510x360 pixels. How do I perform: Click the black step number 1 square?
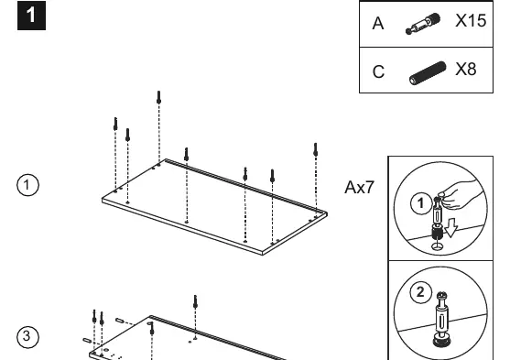31,16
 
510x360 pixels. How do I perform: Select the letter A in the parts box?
378,24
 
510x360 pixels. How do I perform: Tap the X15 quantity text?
471,21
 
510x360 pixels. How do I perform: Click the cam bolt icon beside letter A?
423,24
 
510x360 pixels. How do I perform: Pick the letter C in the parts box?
378,71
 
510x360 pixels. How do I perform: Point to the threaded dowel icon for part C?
428,73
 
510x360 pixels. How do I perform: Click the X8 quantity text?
466,70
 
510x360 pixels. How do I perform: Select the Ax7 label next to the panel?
360,188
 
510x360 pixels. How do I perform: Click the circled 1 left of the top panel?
27,185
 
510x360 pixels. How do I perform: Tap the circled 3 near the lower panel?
27,336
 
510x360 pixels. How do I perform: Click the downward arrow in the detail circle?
450,228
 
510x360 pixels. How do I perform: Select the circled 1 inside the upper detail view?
421,203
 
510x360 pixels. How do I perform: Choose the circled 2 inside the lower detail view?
420,292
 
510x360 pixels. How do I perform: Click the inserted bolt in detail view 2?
441,319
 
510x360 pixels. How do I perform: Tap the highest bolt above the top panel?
158,97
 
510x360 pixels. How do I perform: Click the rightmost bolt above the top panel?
316,149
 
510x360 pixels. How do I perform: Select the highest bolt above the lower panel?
195,301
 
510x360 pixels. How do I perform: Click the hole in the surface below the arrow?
437,245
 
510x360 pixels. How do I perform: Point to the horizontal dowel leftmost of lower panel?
87,341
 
